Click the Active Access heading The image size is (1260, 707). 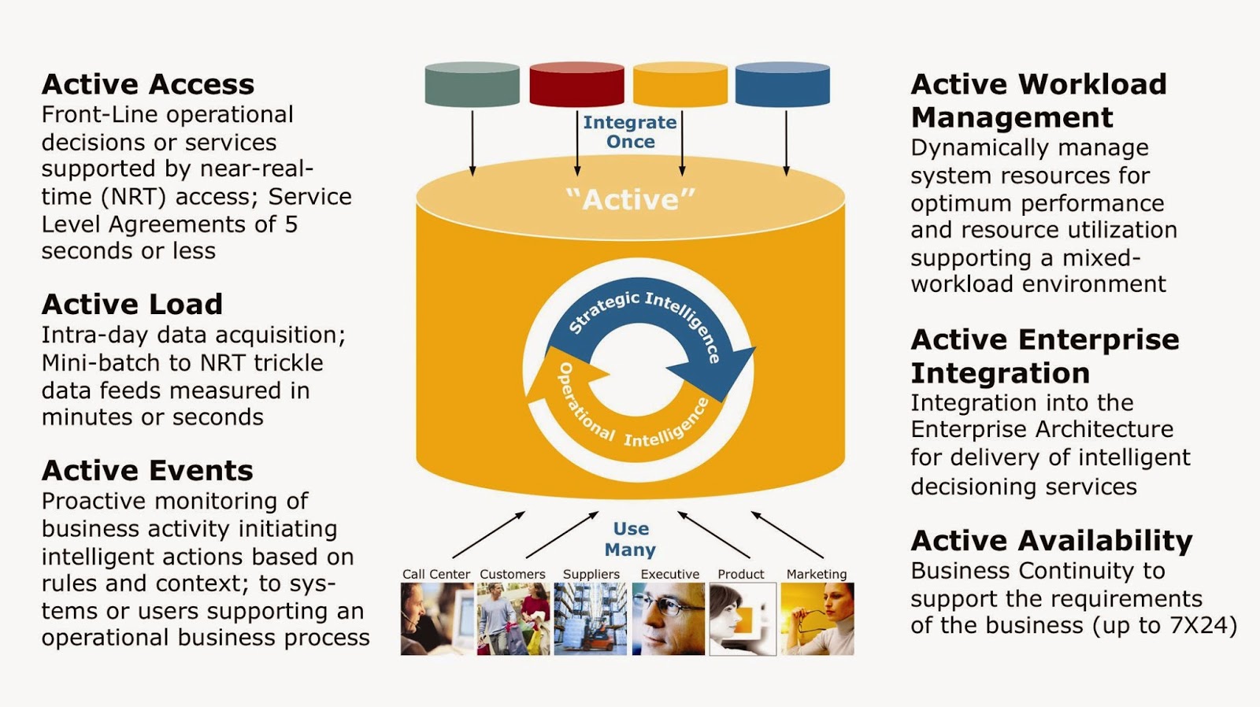pos(148,84)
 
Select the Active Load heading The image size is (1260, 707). pos(132,304)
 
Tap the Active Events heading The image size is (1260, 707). pos(147,470)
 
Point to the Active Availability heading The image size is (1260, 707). pos(1051,540)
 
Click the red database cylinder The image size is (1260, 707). pos(576,85)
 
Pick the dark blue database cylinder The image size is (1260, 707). pos(782,85)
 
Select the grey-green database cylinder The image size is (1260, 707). pos(472,85)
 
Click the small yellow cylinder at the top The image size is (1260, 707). pos(680,85)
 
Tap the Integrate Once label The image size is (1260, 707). pos(629,131)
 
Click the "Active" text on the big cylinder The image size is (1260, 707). pos(630,199)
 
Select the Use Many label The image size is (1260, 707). pos(630,539)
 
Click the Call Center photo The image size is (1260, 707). pos(436,619)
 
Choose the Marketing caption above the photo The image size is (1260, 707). pos(817,574)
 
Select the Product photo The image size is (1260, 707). pos(742,619)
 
